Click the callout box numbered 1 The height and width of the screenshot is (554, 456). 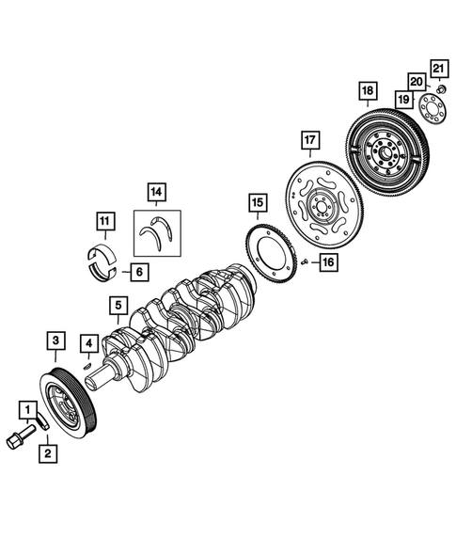click(x=30, y=410)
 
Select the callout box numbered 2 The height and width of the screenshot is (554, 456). click(x=46, y=452)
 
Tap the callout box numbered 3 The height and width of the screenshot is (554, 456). click(x=56, y=340)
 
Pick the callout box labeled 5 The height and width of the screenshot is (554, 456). click(x=117, y=305)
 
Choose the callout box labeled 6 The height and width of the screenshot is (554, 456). click(x=137, y=273)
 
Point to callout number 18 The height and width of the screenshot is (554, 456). click(x=366, y=91)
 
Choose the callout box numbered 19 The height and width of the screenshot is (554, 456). click(x=402, y=98)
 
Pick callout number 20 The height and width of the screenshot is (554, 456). click(x=416, y=81)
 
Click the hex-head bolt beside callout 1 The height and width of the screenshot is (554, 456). click(x=19, y=437)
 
